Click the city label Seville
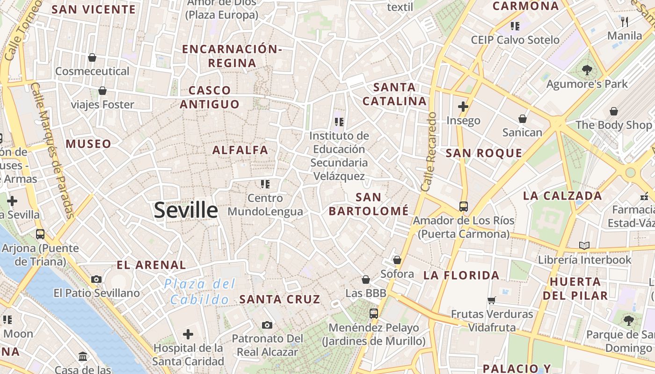186,210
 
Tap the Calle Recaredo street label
428,151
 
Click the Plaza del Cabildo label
199,291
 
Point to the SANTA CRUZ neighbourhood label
280,299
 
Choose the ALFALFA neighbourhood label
240,150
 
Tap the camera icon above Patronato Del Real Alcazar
267,325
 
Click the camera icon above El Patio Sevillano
96,279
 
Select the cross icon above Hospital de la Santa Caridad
188,334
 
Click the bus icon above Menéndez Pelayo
373,314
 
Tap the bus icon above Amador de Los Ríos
463,206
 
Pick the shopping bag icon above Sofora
397,260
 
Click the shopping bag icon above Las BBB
366,280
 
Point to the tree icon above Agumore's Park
587,70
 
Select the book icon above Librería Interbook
584,245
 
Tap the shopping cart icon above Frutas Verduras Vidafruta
491,300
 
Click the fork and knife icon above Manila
625,21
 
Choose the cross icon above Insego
463,107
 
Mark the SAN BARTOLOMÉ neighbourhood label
368,204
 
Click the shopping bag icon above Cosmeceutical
92,58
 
